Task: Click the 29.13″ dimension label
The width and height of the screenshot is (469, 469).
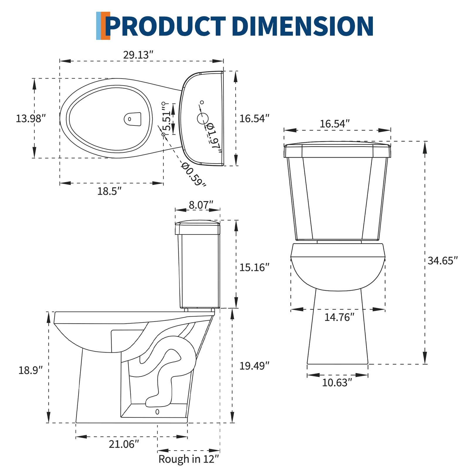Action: [138, 55]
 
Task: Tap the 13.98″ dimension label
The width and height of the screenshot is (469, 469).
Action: [31, 118]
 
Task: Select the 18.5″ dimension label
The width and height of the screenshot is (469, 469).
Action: [109, 191]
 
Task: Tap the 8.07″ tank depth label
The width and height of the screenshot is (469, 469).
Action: [201, 205]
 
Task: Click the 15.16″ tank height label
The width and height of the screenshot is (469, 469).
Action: [254, 267]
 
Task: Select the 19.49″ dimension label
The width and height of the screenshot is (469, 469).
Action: [254, 366]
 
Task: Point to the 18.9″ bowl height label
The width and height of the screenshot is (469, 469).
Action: [30, 370]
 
